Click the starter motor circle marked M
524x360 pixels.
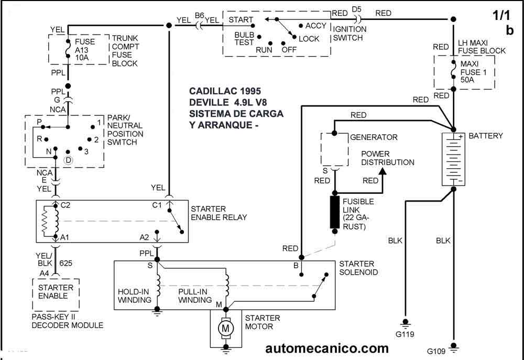coord(227,329)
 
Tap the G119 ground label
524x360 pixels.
coord(405,333)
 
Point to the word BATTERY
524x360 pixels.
coord(486,136)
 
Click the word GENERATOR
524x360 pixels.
coord(374,137)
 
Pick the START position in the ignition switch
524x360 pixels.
coord(241,20)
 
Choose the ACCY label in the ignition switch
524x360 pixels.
coord(315,25)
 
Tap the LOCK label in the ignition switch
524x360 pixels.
coord(309,38)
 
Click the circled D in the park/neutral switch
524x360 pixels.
coord(68,159)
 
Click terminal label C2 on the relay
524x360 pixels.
coord(65,204)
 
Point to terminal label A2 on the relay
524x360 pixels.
coord(145,237)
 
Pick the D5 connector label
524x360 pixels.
coord(356,9)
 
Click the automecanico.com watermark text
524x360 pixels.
coord(327,348)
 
